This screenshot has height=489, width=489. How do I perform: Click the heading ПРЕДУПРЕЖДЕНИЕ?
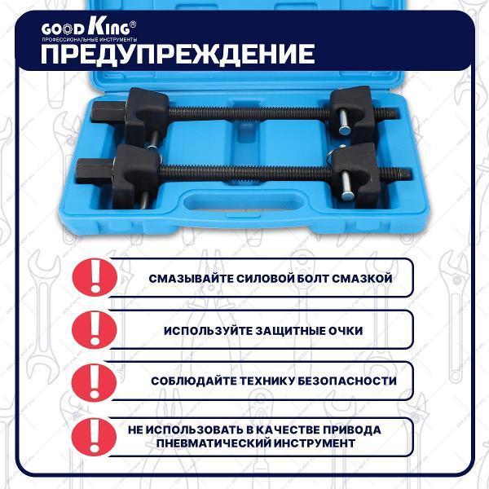pos(178,55)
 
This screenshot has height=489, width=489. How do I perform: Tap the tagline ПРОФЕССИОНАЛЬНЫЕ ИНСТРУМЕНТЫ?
pos(89,40)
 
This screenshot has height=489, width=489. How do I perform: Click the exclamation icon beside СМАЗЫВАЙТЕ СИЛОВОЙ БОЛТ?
pos(95,277)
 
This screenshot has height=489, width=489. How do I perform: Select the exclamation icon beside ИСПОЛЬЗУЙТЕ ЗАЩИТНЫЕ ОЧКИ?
pos(95,329)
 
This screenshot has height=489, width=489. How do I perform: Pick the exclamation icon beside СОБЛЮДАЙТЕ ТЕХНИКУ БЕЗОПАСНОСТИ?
pos(95,382)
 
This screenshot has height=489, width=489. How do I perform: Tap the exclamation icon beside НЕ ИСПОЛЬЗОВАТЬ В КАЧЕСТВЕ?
pos(94,437)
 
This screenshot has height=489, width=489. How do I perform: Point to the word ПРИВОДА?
pos(352,430)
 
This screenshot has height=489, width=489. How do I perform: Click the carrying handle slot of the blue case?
pos(244,202)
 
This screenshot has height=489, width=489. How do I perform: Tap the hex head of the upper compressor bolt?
pos(108,112)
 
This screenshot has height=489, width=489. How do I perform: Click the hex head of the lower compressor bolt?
pos(95,171)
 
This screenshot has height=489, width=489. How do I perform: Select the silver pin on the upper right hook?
pos(346,124)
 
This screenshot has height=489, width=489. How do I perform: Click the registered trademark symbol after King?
pos(133,24)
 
